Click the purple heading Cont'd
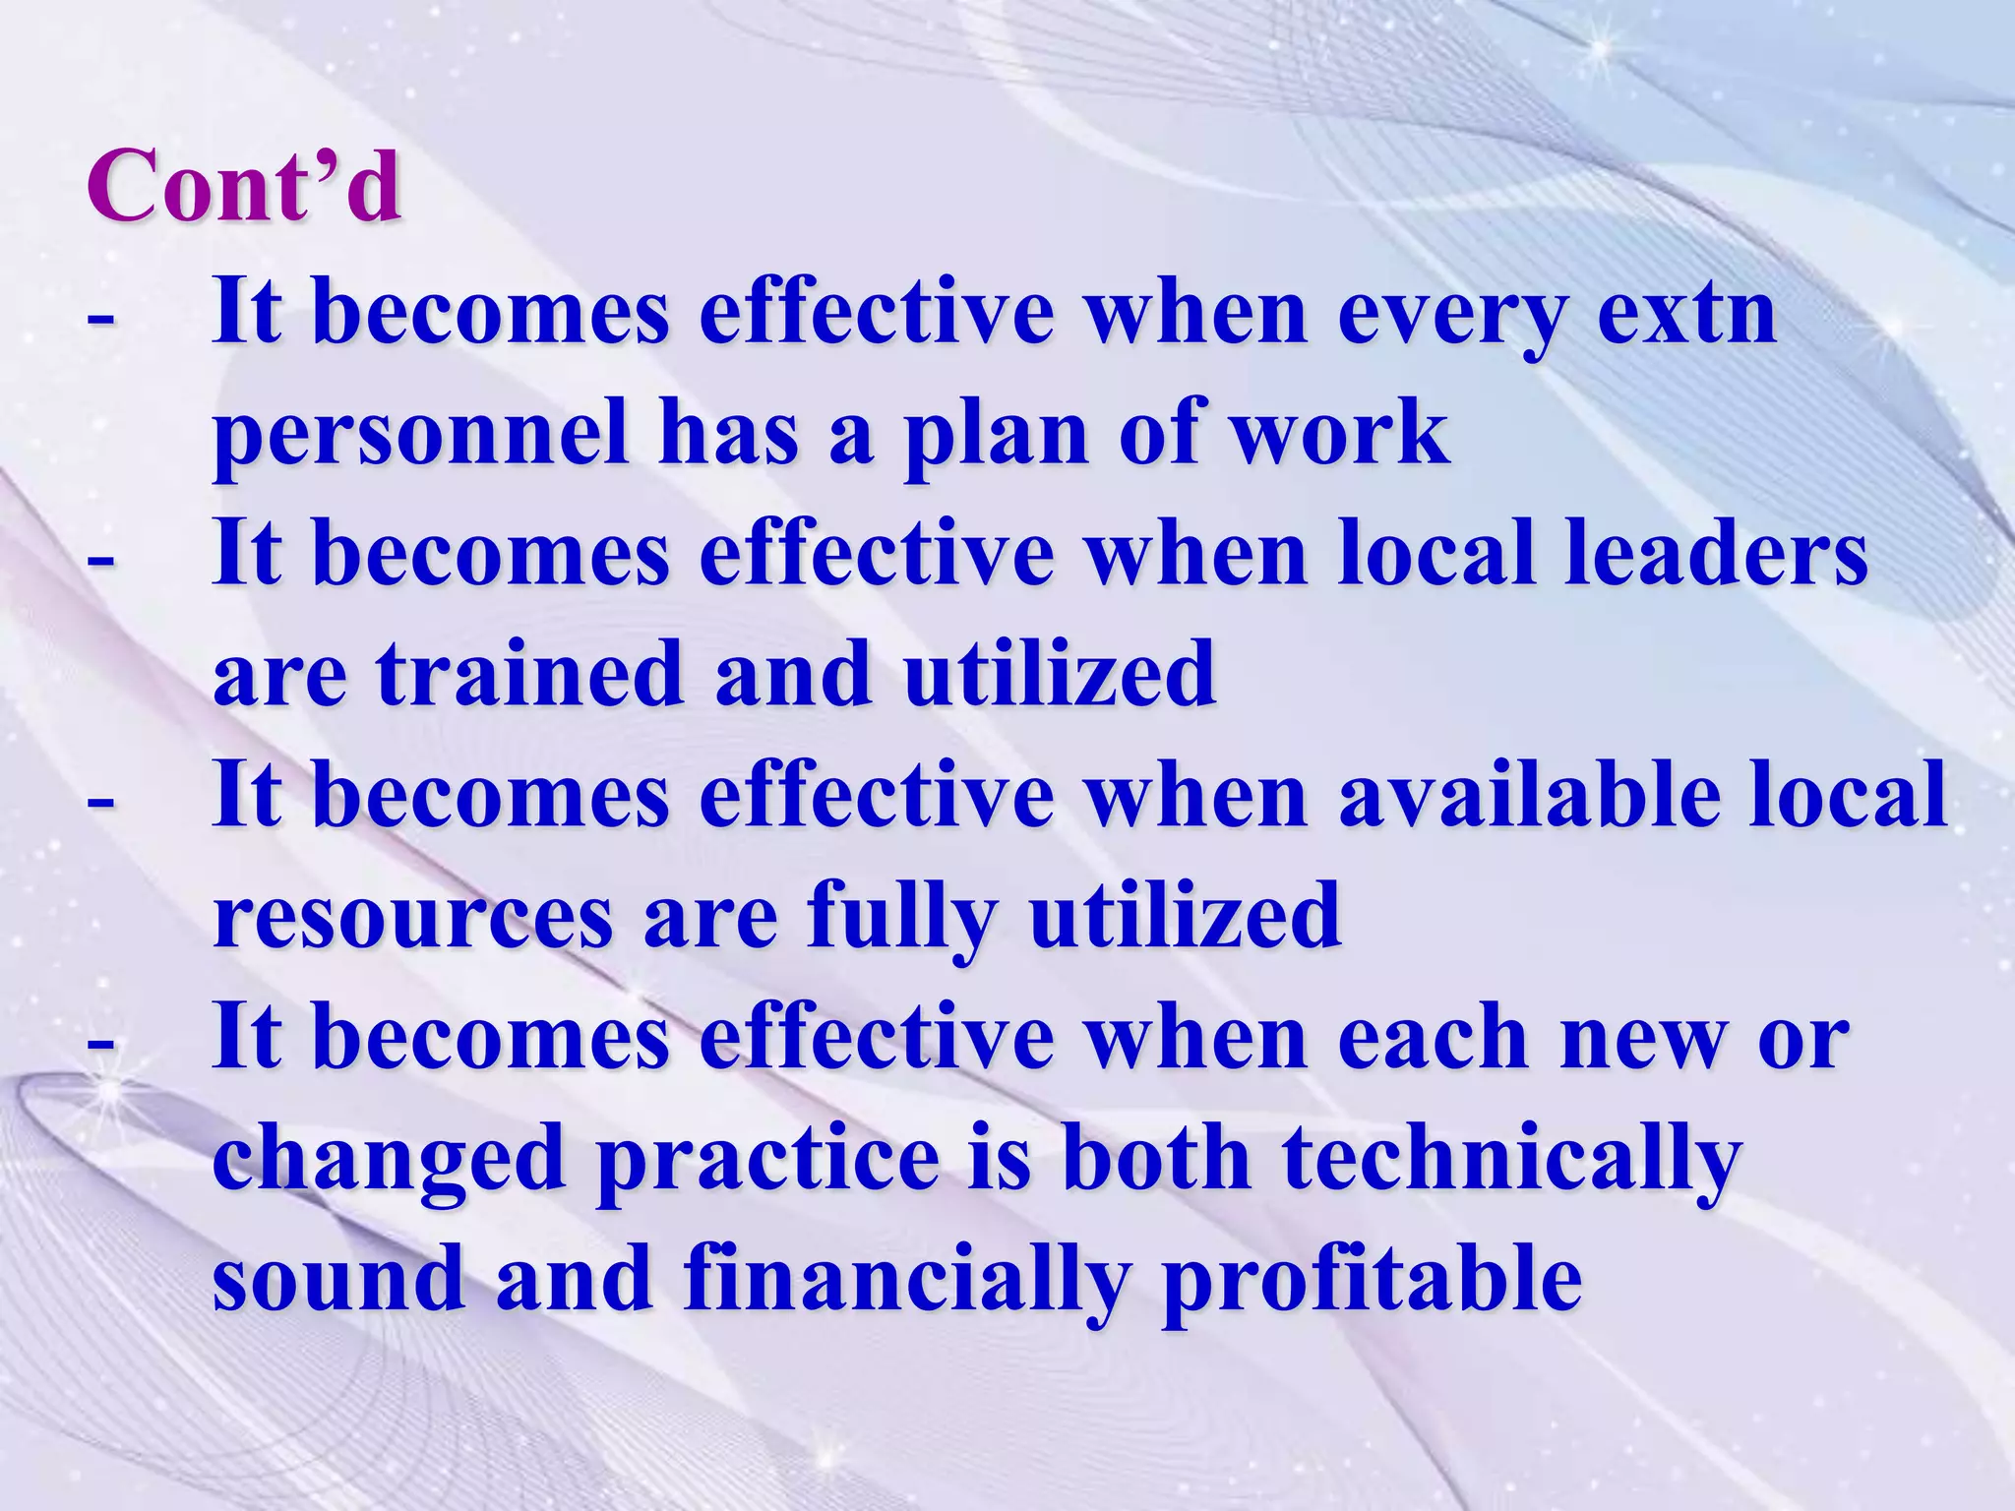pyautogui.click(x=244, y=185)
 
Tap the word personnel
pyautogui.click(x=421, y=435)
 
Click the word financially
pyautogui.click(x=905, y=1279)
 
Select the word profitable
pyautogui.click(x=1372, y=1279)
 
